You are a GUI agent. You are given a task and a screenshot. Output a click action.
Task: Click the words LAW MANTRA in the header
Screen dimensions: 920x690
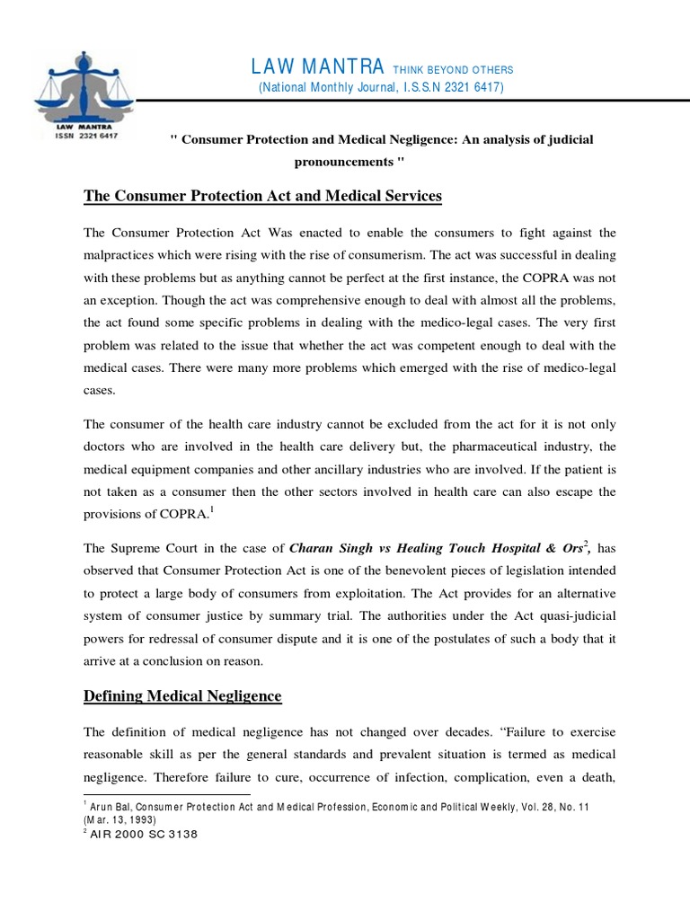click(318, 67)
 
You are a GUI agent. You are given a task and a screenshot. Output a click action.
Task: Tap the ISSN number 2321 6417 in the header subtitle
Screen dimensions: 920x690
click(464, 87)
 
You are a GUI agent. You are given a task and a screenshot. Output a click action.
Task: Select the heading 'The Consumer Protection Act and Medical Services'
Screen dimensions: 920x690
click(262, 196)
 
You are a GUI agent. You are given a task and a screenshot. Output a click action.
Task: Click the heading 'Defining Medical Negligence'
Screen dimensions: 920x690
click(182, 695)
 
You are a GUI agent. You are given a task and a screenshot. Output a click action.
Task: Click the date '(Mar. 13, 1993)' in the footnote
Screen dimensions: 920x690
click(122, 820)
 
